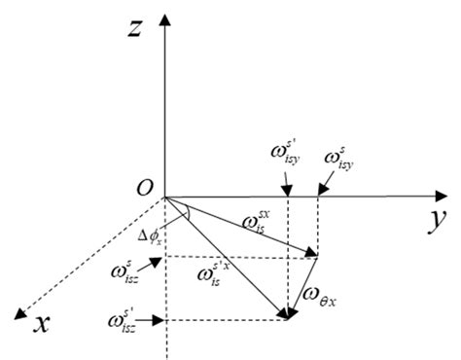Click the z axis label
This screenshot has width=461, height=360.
pyautogui.click(x=136, y=31)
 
